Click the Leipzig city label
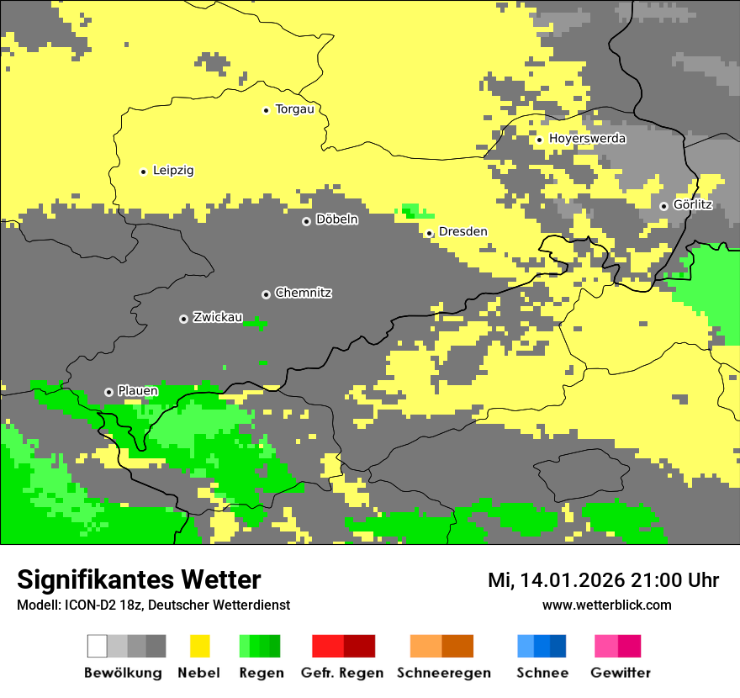[x=173, y=171]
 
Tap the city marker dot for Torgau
[x=267, y=110]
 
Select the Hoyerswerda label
[x=587, y=139]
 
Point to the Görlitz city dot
[x=663, y=206]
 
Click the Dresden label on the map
[x=462, y=232]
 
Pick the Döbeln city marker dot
[x=306, y=221]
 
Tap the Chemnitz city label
[x=303, y=293]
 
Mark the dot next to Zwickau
[x=183, y=319]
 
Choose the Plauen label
[x=137, y=391]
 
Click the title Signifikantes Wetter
[x=139, y=580]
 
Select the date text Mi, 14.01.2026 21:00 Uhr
[x=603, y=580]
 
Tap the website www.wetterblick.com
[x=606, y=605]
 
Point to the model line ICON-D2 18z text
[x=153, y=605]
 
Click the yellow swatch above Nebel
[x=199, y=646]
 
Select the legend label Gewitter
[x=620, y=673]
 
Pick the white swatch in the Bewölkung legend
[x=98, y=646]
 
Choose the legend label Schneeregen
[x=443, y=673]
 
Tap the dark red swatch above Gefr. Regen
[x=360, y=646]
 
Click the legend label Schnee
[x=542, y=673]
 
